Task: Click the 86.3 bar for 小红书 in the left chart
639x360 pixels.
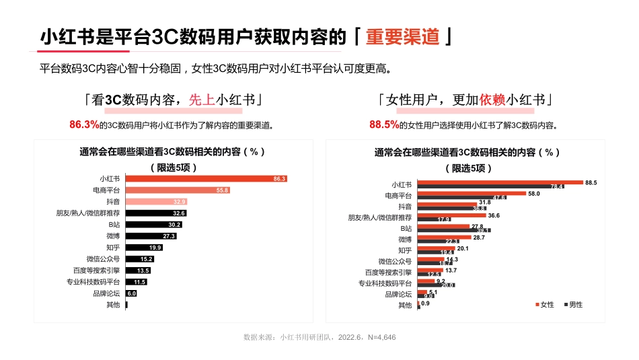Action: point(206,178)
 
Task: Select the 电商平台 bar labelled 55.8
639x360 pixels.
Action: point(178,190)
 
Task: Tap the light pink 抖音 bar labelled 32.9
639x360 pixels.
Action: point(157,201)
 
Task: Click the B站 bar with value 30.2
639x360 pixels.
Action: point(154,224)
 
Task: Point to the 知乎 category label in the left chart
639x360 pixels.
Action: point(113,248)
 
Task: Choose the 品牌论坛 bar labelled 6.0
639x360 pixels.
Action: point(131,293)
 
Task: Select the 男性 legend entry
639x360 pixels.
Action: point(572,305)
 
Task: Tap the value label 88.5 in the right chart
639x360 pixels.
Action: point(591,182)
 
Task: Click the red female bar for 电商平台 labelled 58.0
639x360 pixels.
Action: point(472,193)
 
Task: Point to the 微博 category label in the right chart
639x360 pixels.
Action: point(404,239)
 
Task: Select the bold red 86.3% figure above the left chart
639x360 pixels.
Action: point(84,124)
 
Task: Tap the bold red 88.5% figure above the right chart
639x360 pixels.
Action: point(384,124)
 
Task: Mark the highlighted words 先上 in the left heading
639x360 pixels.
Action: point(202,100)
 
